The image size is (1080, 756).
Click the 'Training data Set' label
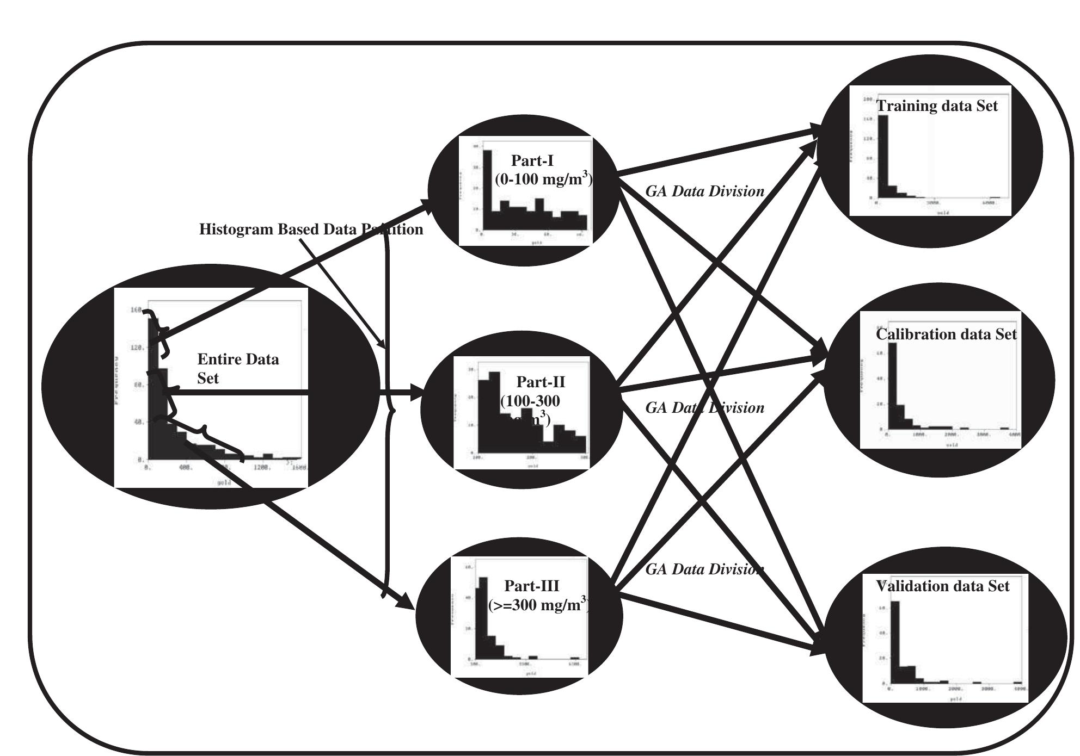937,106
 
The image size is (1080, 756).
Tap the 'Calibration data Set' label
946,334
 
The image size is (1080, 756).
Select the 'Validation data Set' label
943,586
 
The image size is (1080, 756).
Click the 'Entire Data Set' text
238,368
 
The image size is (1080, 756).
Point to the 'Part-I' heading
532,160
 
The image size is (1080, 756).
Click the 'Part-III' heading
532,586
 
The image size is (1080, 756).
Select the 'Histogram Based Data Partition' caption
311,229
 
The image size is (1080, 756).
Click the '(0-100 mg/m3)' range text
543,179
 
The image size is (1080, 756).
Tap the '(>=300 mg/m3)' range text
538,605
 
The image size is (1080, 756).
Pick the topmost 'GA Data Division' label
704,191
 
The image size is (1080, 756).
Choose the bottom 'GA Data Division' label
704,569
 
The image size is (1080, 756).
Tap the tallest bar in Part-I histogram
487,190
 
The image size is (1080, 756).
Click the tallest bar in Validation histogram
894,642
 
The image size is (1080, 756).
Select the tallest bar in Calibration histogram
892,386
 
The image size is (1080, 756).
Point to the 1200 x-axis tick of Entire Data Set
263,467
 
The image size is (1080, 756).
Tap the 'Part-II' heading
541,382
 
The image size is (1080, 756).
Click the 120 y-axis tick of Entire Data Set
136,348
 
